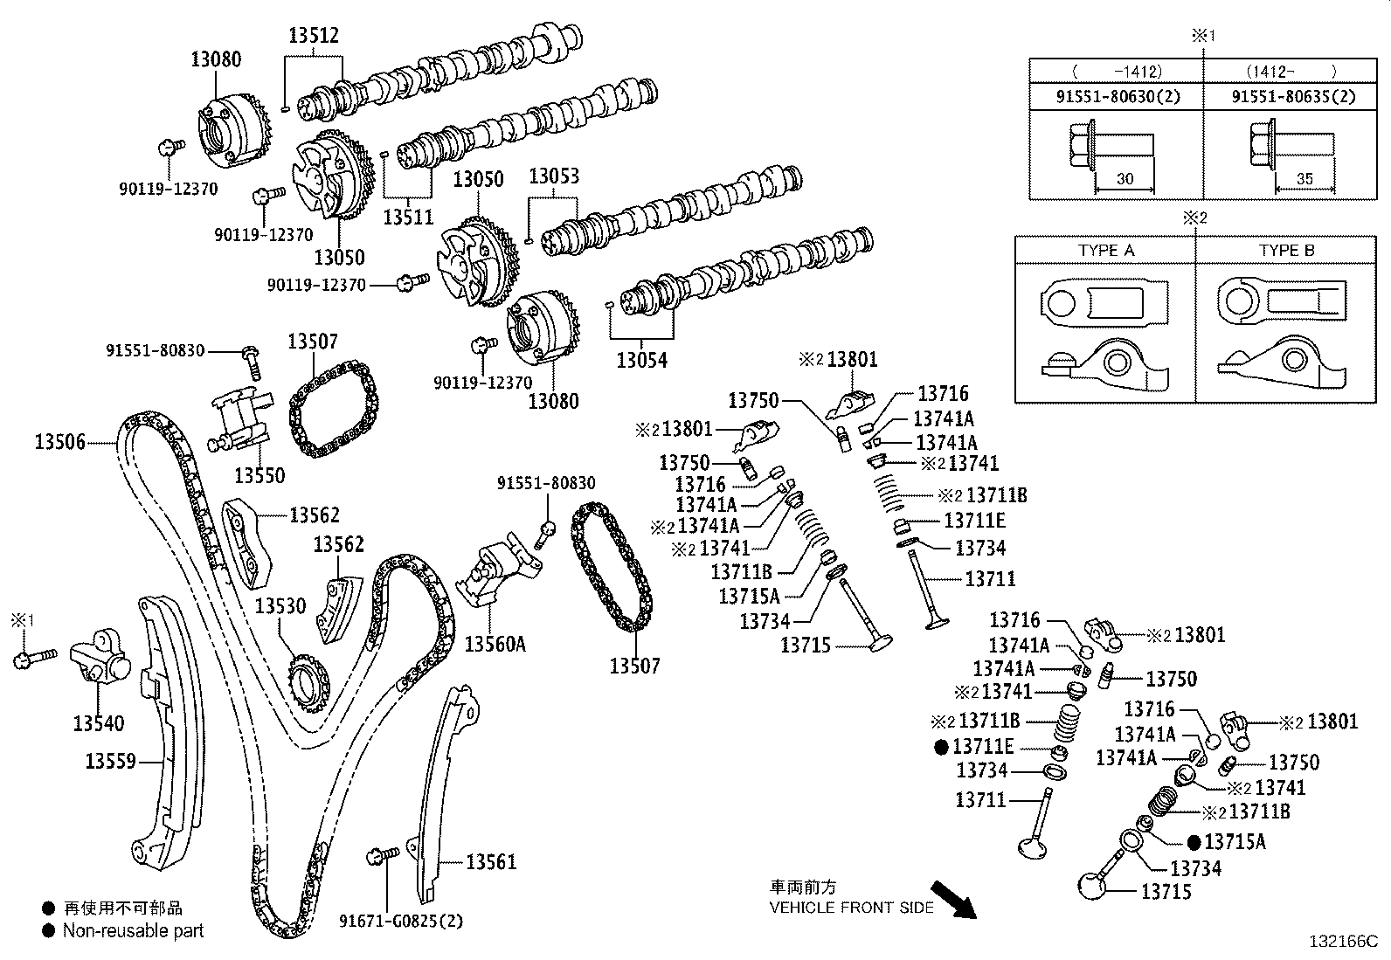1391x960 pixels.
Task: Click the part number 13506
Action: point(60,442)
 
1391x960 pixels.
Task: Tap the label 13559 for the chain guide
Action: point(110,762)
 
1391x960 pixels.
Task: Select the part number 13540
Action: point(98,723)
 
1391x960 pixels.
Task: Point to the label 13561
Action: point(490,863)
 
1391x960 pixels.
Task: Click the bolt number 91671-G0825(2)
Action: point(401,921)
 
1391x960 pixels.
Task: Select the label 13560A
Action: point(495,645)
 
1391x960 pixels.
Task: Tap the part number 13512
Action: point(314,36)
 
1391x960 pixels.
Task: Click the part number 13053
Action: point(553,176)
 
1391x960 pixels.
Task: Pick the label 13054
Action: point(641,360)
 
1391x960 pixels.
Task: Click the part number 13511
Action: point(408,216)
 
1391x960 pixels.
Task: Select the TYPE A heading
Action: point(1105,251)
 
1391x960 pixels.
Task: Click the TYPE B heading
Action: point(1286,251)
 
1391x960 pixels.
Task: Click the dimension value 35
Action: point(1304,179)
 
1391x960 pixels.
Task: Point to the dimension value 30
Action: point(1125,179)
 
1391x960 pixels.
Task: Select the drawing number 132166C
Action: point(1342,942)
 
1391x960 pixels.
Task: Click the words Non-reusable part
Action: point(133,931)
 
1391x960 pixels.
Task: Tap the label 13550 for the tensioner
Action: point(260,475)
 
